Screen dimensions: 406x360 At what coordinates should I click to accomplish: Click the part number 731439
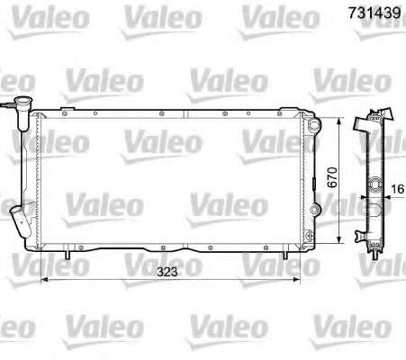click(x=374, y=13)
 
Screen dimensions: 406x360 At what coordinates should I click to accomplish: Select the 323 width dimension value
click(x=167, y=272)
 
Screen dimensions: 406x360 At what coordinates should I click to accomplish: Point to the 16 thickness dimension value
click(x=398, y=189)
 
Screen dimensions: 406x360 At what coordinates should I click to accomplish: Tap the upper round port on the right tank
click(x=314, y=124)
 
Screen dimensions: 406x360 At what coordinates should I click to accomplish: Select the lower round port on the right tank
click(x=314, y=209)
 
